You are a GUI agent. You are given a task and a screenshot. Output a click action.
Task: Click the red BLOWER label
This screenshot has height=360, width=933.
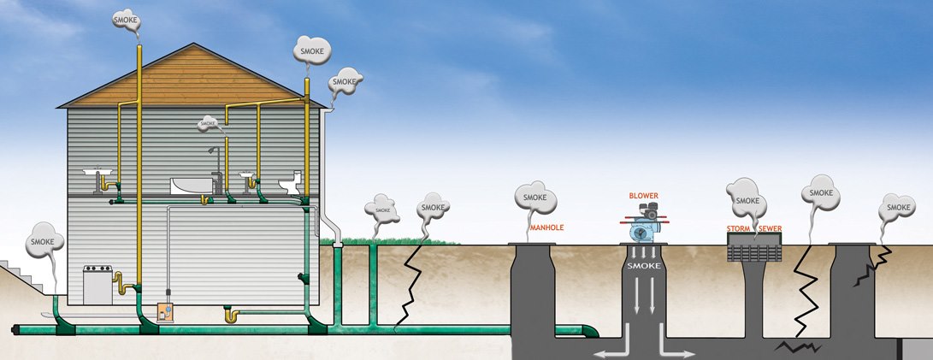(x=643, y=196)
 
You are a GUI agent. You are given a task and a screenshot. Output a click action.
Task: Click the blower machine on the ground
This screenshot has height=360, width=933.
(x=644, y=225)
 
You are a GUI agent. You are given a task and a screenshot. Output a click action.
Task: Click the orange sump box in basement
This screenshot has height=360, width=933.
(x=166, y=316)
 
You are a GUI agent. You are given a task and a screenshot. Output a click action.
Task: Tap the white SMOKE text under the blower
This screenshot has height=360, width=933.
(x=642, y=266)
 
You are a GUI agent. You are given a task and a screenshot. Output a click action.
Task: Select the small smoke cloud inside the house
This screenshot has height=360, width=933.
(x=209, y=124)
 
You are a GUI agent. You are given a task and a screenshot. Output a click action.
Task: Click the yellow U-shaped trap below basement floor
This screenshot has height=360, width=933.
(x=231, y=316)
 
